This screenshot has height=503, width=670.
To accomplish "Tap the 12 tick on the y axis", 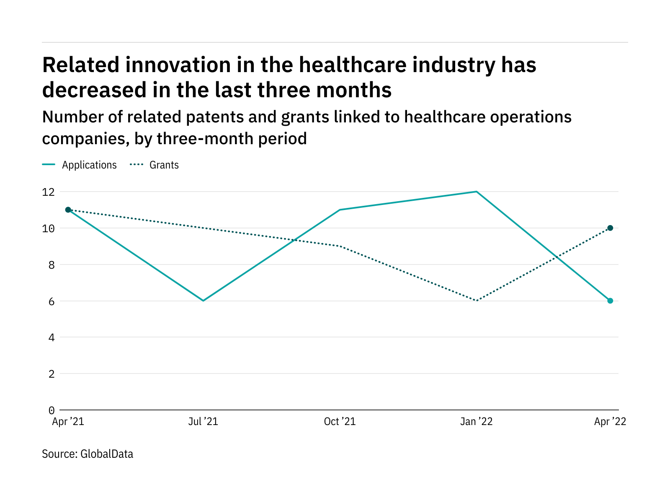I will pos(49,192).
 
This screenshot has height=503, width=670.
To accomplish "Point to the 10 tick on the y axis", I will pos(49,228).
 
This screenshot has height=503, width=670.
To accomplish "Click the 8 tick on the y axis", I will pos(51,265).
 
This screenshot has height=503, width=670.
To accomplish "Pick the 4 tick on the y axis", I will pos(51,337).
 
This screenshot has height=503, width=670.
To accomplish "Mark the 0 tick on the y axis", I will pos(51,410).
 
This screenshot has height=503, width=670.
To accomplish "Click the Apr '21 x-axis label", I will pos(68,422).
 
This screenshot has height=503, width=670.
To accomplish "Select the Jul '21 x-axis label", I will pos(203,422).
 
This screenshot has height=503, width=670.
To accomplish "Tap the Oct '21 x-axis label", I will pos(340,422).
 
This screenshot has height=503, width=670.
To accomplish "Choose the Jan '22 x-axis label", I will pos(476,422).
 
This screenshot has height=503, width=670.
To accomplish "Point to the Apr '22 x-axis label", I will pos(610,422).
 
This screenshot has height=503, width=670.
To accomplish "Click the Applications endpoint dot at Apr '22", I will pos(610,301).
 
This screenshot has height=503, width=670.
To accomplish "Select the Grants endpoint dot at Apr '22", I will pos(610,228).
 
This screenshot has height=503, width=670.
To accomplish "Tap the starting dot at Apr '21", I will pos(68,210).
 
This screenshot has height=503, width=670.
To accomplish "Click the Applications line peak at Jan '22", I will pos(477,192).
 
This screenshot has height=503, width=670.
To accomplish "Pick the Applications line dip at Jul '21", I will pos(203,301).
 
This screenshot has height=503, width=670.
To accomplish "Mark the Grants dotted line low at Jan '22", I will pos(477,301).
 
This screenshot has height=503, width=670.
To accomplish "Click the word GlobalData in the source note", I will pos(107,454).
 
